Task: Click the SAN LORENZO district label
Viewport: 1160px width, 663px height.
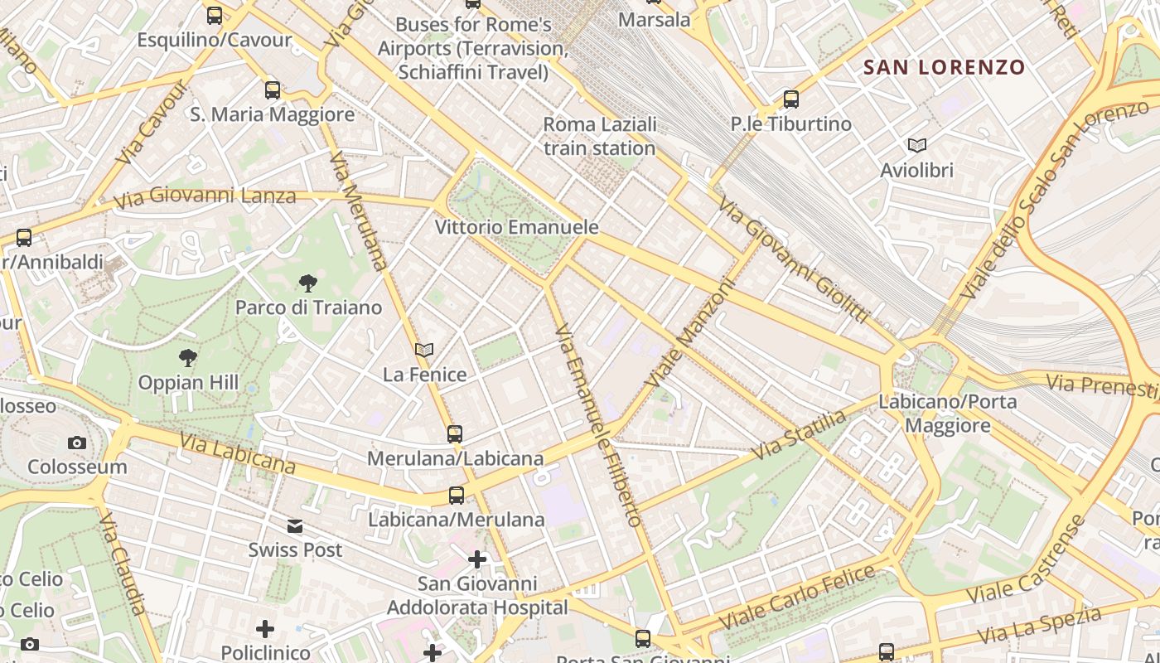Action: coord(945,67)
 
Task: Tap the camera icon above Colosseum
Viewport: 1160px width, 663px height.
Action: coord(77,443)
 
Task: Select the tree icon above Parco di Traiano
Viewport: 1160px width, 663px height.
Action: coord(307,283)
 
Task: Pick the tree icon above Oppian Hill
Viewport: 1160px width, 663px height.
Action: coord(188,358)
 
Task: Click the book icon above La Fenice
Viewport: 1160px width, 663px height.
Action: coord(424,351)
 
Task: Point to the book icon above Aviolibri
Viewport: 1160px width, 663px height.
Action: coord(916,146)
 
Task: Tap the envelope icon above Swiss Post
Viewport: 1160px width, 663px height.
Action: coord(295,526)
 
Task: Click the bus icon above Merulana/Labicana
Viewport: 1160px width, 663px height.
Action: coord(454,433)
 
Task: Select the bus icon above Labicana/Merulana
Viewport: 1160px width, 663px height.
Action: coord(456,496)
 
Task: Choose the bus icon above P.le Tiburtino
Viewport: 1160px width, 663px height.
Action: coord(790,99)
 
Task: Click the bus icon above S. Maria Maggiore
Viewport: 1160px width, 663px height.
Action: coord(272,90)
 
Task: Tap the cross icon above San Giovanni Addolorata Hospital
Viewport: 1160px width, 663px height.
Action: coord(477,559)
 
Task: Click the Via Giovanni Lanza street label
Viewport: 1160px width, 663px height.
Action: coord(205,198)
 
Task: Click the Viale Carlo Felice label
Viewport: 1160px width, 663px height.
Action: coord(797,596)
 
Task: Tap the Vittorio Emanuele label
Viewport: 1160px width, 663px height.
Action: coord(517,227)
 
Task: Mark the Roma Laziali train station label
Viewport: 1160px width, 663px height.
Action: coord(600,137)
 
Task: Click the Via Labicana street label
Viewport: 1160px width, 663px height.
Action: coord(236,452)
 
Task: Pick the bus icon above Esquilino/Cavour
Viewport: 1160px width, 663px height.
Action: coord(215,16)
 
